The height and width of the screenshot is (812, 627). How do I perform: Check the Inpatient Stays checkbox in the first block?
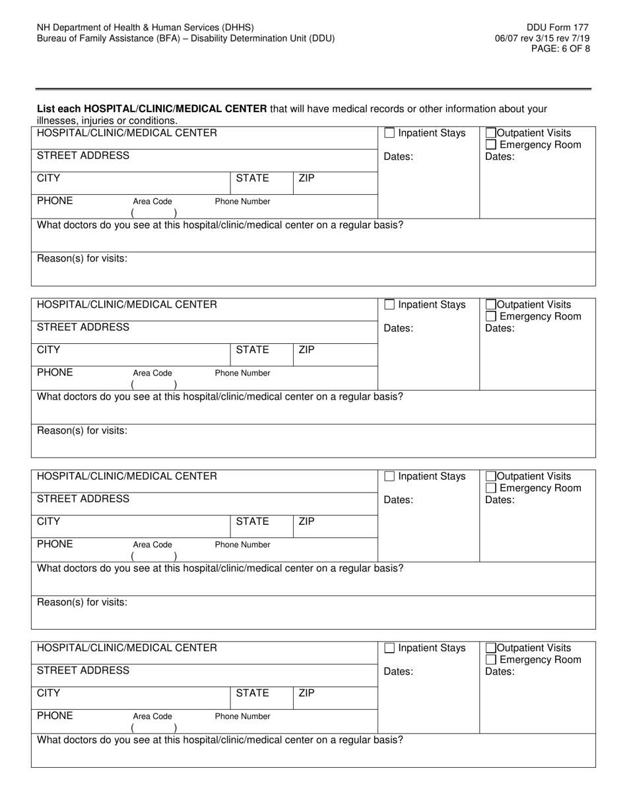pyautogui.click(x=389, y=133)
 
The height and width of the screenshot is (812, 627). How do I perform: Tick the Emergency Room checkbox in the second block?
pyautogui.click(x=490, y=317)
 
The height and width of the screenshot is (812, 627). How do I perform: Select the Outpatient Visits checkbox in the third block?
pyautogui.click(x=490, y=477)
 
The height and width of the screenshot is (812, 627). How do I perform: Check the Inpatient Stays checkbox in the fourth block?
pyautogui.click(x=389, y=648)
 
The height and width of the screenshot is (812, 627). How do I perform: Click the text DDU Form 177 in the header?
pyautogui.click(x=558, y=28)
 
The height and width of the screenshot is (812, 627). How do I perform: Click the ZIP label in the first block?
pyautogui.click(x=306, y=178)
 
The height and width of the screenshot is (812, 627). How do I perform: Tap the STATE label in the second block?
pyautogui.click(x=252, y=350)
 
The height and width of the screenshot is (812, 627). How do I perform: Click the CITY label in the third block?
pyautogui.click(x=48, y=522)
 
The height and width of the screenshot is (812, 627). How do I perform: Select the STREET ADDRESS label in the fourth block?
pyautogui.click(x=83, y=671)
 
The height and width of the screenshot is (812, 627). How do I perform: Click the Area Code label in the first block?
pyautogui.click(x=152, y=201)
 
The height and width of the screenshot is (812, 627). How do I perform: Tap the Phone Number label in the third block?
pyautogui.click(x=242, y=545)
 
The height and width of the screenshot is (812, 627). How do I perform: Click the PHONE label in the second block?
pyautogui.click(x=55, y=372)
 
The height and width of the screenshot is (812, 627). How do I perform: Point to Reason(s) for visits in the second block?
pyautogui.click(x=82, y=430)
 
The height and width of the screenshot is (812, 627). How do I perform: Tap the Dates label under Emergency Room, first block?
pyautogui.click(x=500, y=156)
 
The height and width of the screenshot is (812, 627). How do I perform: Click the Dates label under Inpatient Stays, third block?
pyautogui.click(x=398, y=500)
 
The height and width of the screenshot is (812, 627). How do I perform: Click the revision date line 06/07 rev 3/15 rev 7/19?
pyautogui.click(x=543, y=38)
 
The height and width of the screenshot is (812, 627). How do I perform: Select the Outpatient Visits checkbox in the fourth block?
pyautogui.click(x=490, y=648)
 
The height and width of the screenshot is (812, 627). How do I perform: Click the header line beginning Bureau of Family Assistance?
pyautogui.click(x=185, y=38)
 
